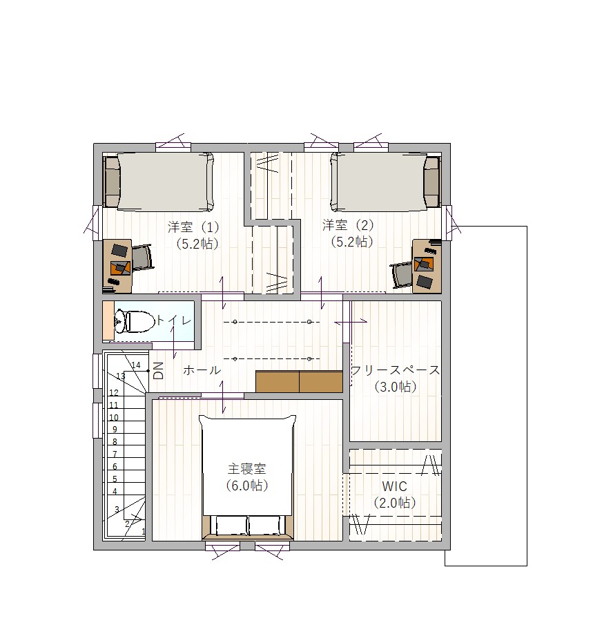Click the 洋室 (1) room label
coord(193,227)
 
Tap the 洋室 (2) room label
coord(348,225)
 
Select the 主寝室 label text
coord(246,468)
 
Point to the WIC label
coord(394,486)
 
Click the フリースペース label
coord(396,370)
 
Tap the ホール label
coord(202,370)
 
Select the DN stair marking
coord(158,370)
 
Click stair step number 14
coord(135,365)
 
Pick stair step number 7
coord(115,454)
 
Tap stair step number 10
coord(113,417)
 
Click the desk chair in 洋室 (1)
coord(142,258)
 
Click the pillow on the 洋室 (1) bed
coord(111,182)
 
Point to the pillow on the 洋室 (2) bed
coord(431,182)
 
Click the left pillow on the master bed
coord(231,526)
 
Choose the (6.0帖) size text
coord(246,486)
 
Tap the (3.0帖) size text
coord(396,387)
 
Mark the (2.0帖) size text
coord(395,503)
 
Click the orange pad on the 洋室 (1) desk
coord(120,267)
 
